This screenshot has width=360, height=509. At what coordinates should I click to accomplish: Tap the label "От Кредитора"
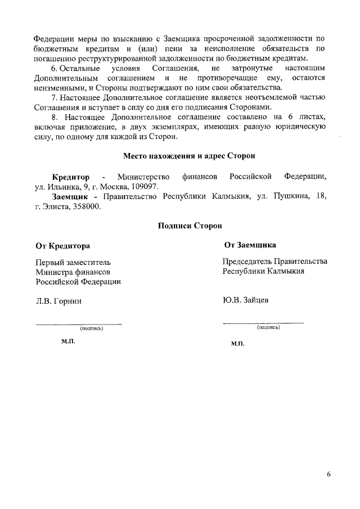click(62, 246)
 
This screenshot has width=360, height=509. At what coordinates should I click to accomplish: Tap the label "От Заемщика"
click(249, 245)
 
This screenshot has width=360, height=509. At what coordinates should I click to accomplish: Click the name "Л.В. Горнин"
click(59, 301)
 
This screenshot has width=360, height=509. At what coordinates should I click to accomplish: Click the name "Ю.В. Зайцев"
click(245, 300)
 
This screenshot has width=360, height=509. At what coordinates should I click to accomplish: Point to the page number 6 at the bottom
click(328, 474)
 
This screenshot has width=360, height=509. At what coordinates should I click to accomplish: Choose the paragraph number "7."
click(55, 97)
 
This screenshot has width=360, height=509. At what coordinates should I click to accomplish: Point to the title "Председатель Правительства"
click(274, 262)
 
